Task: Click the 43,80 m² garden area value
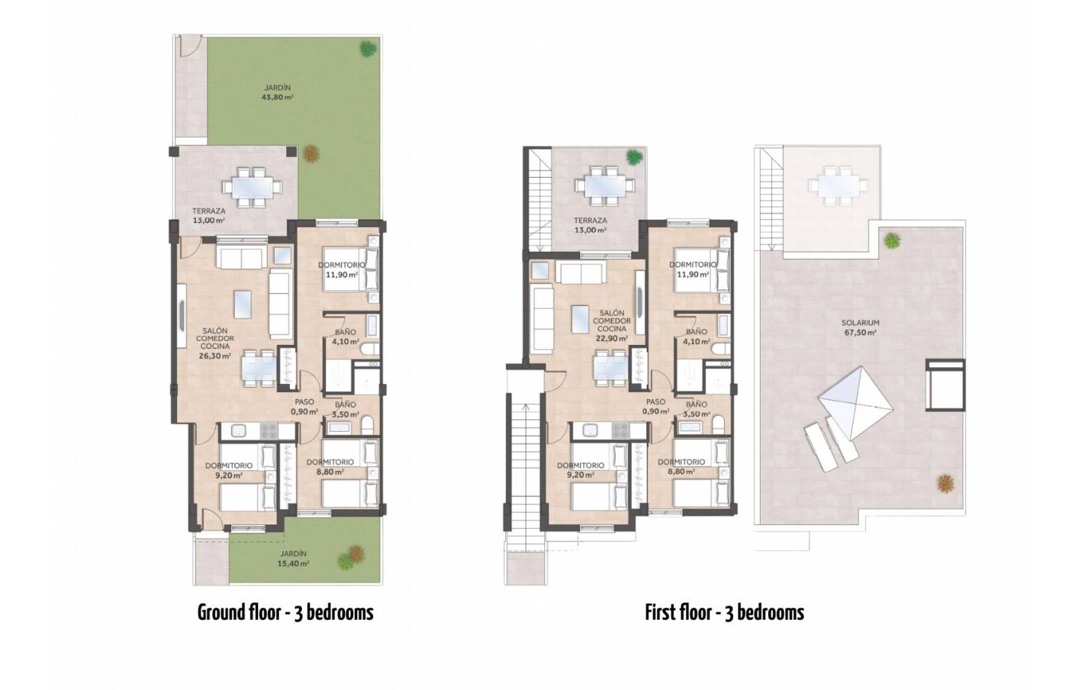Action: (277, 97)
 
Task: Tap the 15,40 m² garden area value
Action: (293, 563)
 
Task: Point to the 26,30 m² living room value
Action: (215, 356)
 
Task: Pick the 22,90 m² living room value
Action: (611, 339)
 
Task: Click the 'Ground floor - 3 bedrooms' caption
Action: (286, 613)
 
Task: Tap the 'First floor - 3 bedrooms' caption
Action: (724, 613)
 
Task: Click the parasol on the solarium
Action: (856, 403)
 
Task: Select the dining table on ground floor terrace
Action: (252, 187)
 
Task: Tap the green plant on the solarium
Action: (892, 240)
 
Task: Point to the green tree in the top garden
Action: (368, 48)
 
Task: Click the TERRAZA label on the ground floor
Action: (209, 211)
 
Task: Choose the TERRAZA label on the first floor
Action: (590, 220)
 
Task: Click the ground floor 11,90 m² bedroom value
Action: (342, 275)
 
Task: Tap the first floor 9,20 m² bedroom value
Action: (580, 474)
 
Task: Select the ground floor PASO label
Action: (304, 402)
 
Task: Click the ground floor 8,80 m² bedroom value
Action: (330, 472)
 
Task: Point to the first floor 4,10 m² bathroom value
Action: (697, 342)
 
